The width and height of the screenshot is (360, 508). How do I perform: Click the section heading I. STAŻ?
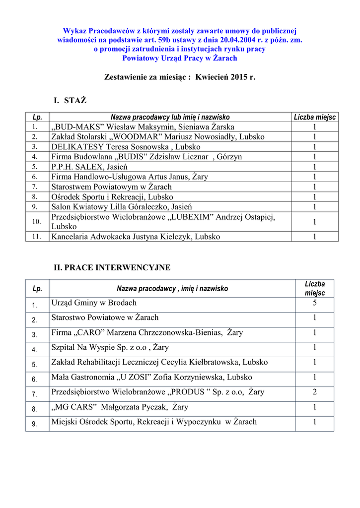(70, 101)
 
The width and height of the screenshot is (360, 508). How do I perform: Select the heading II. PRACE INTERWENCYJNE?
(112, 267)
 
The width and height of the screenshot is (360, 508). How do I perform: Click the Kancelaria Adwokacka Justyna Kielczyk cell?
(136, 237)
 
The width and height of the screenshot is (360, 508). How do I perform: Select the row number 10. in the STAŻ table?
(37, 221)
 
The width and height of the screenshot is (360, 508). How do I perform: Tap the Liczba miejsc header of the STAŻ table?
(314, 117)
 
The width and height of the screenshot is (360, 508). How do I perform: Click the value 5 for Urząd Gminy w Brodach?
(314, 303)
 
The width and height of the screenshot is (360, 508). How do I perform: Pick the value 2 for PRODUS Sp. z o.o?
(314, 392)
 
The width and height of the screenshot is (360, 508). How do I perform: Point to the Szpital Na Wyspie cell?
(110, 348)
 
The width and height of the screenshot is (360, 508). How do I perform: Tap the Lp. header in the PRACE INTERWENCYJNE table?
(37, 288)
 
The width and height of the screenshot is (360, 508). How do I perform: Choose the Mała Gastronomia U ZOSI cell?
(151, 378)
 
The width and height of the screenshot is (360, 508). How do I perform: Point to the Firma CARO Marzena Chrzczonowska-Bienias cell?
(147, 333)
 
